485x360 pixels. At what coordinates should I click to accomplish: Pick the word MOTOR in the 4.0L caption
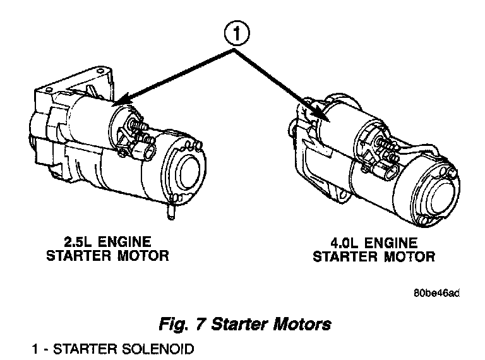tap(407, 256)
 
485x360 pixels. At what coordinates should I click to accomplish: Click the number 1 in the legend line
tap(36, 348)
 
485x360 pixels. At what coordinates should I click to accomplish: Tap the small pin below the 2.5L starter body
tap(171, 212)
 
